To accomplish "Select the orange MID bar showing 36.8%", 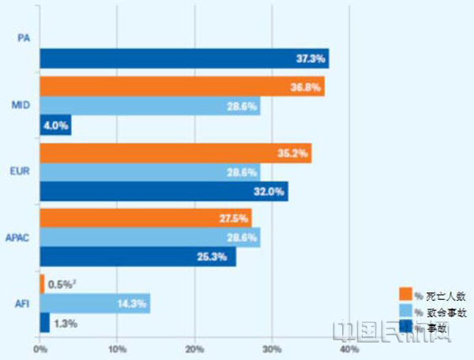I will [x=182, y=87].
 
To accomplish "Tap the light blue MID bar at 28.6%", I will [x=149, y=106].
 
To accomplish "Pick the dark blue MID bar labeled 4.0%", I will [x=55, y=126].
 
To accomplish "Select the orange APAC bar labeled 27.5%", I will [x=145, y=219].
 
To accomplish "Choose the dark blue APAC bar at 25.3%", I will [x=137, y=257].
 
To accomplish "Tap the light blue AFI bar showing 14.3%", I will [x=95, y=303].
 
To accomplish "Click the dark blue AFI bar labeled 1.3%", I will [x=44, y=323].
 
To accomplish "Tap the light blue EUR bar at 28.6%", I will [x=149, y=173].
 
